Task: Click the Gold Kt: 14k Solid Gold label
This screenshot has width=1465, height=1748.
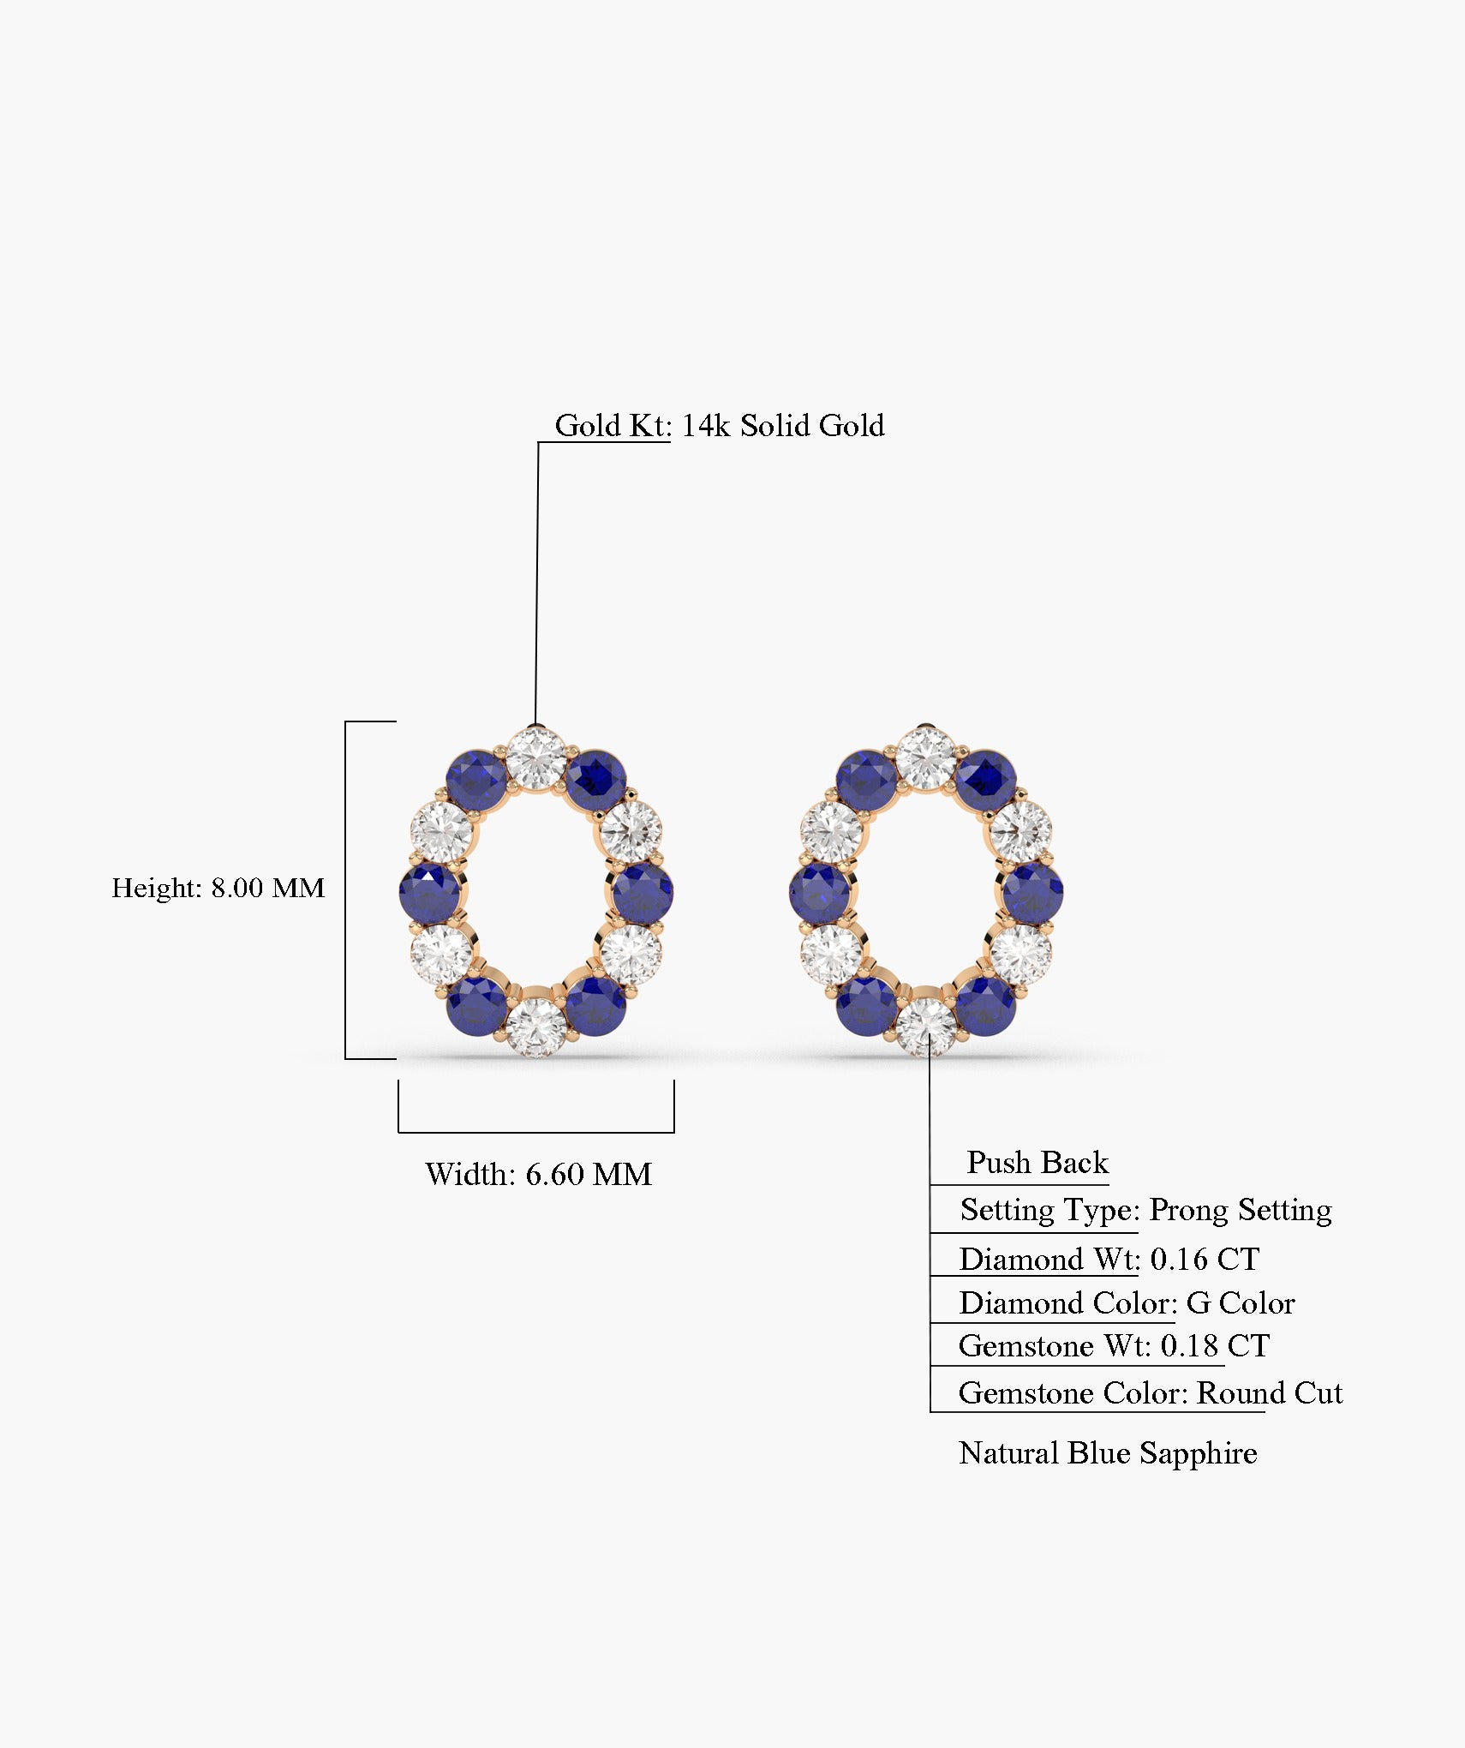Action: tap(720, 425)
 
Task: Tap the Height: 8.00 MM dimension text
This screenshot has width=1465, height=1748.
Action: tap(218, 888)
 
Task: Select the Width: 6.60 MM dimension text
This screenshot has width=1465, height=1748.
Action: tap(538, 1174)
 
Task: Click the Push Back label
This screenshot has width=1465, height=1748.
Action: tap(1037, 1162)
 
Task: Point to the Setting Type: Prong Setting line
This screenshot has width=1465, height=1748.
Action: tap(1145, 1210)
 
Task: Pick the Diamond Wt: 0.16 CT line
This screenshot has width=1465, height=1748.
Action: tap(1109, 1259)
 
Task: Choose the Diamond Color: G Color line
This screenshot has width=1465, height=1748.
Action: tap(1127, 1302)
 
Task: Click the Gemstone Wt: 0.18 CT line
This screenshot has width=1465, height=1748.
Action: tap(1114, 1345)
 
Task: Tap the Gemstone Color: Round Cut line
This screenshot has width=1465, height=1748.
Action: tap(1151, 1393)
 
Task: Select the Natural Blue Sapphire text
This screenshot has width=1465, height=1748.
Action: tap(1108, 1453)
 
